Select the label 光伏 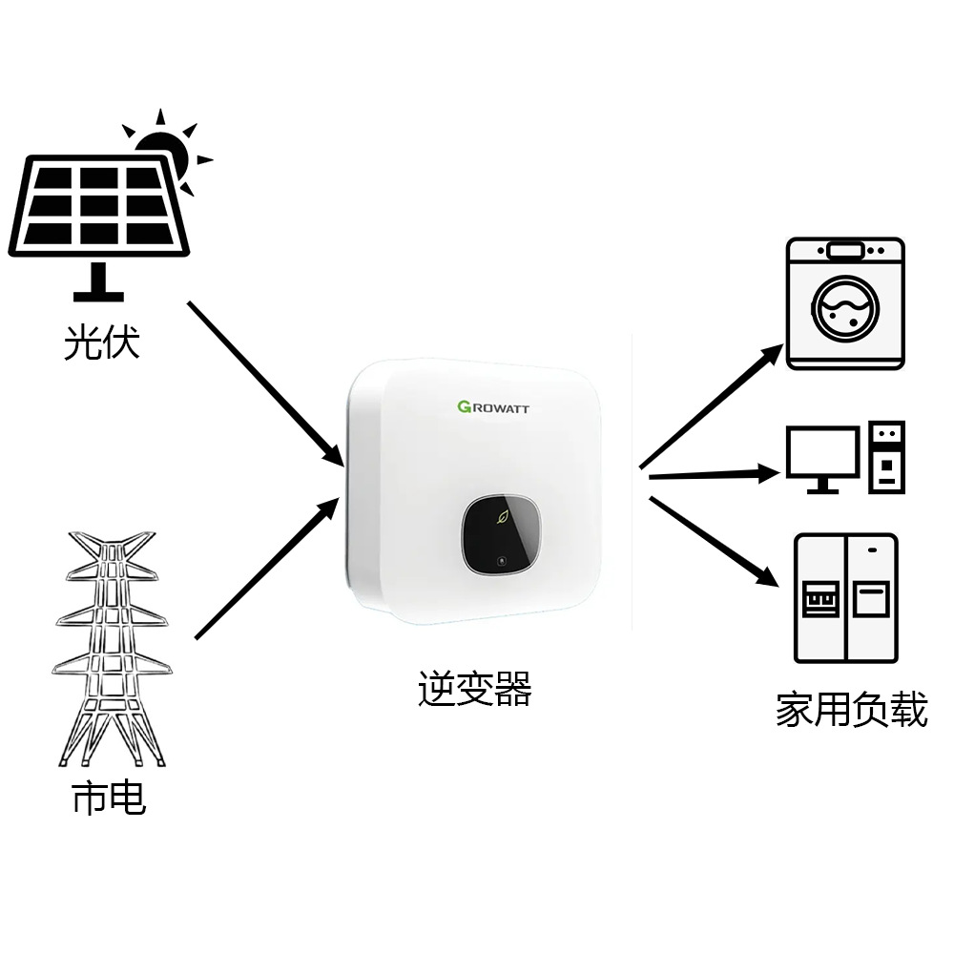pyautogui.click(x=102, y=342)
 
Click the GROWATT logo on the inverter pyautogui.click(x=493, y=407)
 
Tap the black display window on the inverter pyautogui.click(x=503, y=534)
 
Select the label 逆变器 pyautogui.click(x=474, y=689)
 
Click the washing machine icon pyautogui.click(x=844, y=303)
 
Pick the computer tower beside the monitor pyautogui.click(x=886, y=457)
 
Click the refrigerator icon pyautogui.click(x=846, y=598)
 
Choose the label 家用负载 pyautogui.click(x=851, y=711)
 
